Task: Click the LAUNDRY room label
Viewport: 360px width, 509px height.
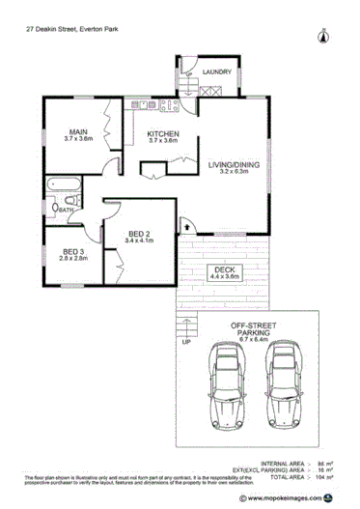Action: [x=216, y=71]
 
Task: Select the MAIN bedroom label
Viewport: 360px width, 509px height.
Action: [x=79, y=132]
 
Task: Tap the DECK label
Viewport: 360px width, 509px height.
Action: [x=223, y=269]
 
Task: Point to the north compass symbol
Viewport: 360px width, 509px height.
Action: [x=322, y=39]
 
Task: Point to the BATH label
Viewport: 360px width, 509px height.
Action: [x=67, y=210]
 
